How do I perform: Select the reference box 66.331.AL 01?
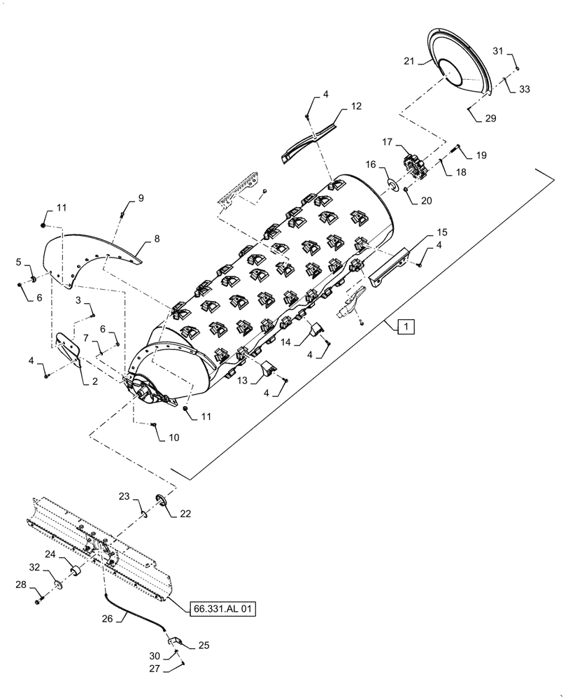pyautogui.click(x=222, y=610)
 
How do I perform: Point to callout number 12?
pyautogui.click(x=357, y=107)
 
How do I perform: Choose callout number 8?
pyautogui.click(x=156, y=238)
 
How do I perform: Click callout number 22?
pyautogui.click(x=185, y=513)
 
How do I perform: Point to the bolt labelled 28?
pyautogui.click(x=38, y=599)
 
